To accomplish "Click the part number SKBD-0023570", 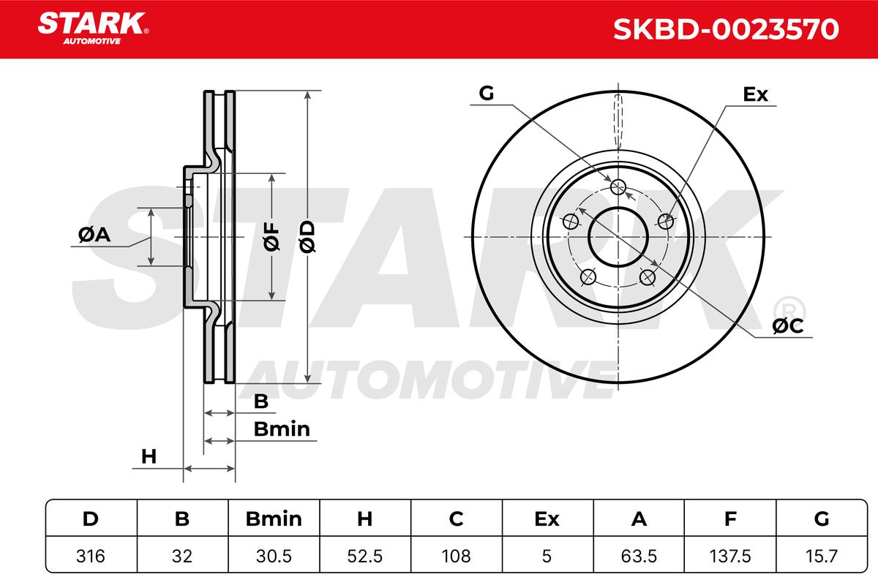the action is [x=726, y=29].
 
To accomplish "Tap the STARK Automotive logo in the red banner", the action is [x=93, y=29].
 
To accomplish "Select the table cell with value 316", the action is [x=91, y=556].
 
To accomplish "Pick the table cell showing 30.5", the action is [x=274, y=556].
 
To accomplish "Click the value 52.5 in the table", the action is [x=365, y=556].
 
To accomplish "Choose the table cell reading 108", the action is [x=457, y=556].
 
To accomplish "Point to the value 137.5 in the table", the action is [x=730, y=556].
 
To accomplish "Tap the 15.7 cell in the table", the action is [x=822, y=556].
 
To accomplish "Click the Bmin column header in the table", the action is [x=274, y=518].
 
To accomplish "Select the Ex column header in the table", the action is [x=547, y=518].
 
